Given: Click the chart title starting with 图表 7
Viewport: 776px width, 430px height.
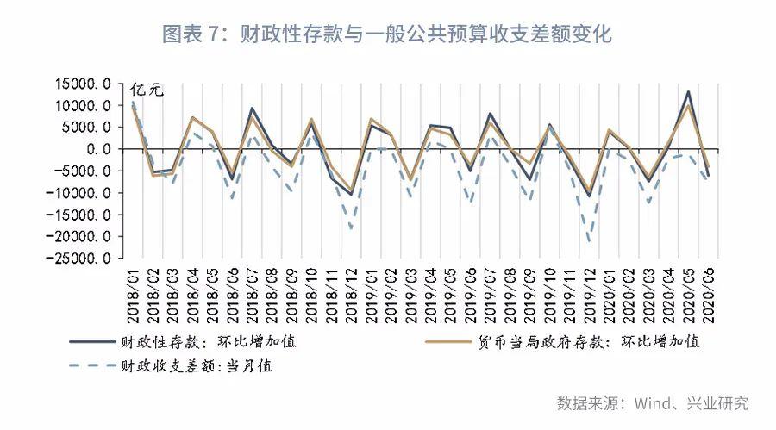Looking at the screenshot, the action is click(387, 34).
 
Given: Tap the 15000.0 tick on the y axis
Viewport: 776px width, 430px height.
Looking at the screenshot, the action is click(83, 84).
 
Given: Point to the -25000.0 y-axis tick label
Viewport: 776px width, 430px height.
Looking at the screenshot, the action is click(78, 259).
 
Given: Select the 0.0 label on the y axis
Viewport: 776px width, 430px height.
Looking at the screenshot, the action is click(99, 149).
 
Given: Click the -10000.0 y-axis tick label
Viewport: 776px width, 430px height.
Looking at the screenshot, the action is click(78, 193).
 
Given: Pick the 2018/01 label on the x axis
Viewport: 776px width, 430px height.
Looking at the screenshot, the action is click(133, 296).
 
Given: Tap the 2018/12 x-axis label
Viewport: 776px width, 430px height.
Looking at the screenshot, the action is click(352, 296).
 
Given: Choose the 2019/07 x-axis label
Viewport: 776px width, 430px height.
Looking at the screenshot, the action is click(490, 296).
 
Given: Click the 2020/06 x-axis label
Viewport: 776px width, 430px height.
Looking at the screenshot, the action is click(708, 296).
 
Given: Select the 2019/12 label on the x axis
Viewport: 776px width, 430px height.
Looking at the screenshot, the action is click(589, 296).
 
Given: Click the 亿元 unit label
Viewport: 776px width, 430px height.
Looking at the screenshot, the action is click(147, 90).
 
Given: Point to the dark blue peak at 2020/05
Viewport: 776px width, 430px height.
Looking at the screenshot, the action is click(688, 91).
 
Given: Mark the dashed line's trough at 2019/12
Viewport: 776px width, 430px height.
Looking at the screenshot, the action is click(589, 242).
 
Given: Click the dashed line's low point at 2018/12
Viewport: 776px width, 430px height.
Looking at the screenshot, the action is click(352, 228).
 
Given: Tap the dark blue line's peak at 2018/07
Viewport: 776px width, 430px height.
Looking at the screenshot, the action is click(252, 108).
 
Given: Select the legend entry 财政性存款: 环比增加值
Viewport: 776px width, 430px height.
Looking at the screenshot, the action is click(183, 341).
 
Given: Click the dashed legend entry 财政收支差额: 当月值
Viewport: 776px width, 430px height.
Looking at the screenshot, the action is click(171, 365).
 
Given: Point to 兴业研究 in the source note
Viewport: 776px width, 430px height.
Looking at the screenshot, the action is click(717, 403).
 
